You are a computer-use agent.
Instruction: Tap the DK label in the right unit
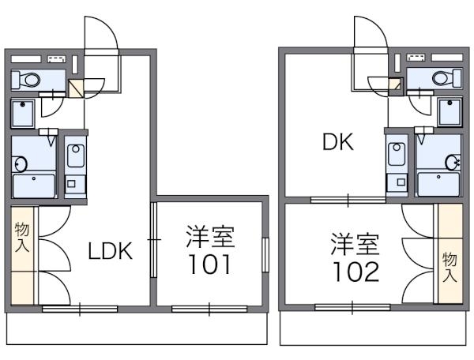click(x=337, y=143)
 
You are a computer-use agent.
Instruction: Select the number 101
click(x=209, y=264)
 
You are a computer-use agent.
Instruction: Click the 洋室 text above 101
click(x=210, y=237)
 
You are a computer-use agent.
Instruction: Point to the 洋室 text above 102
click(x=355, y=243)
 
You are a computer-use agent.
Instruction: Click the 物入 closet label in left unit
click(x=21, y=236)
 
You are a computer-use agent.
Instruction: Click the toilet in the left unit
click(x=28, y=79)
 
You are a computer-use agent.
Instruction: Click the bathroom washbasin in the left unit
click(x=21, y=165)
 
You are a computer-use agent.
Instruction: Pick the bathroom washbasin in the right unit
click(x=453, y=163)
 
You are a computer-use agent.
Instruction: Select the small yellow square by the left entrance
click(x=75, y=88)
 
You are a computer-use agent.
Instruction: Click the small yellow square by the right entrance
click(x=396, y=83)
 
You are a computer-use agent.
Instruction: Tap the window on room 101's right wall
click(x=265, y=252)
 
